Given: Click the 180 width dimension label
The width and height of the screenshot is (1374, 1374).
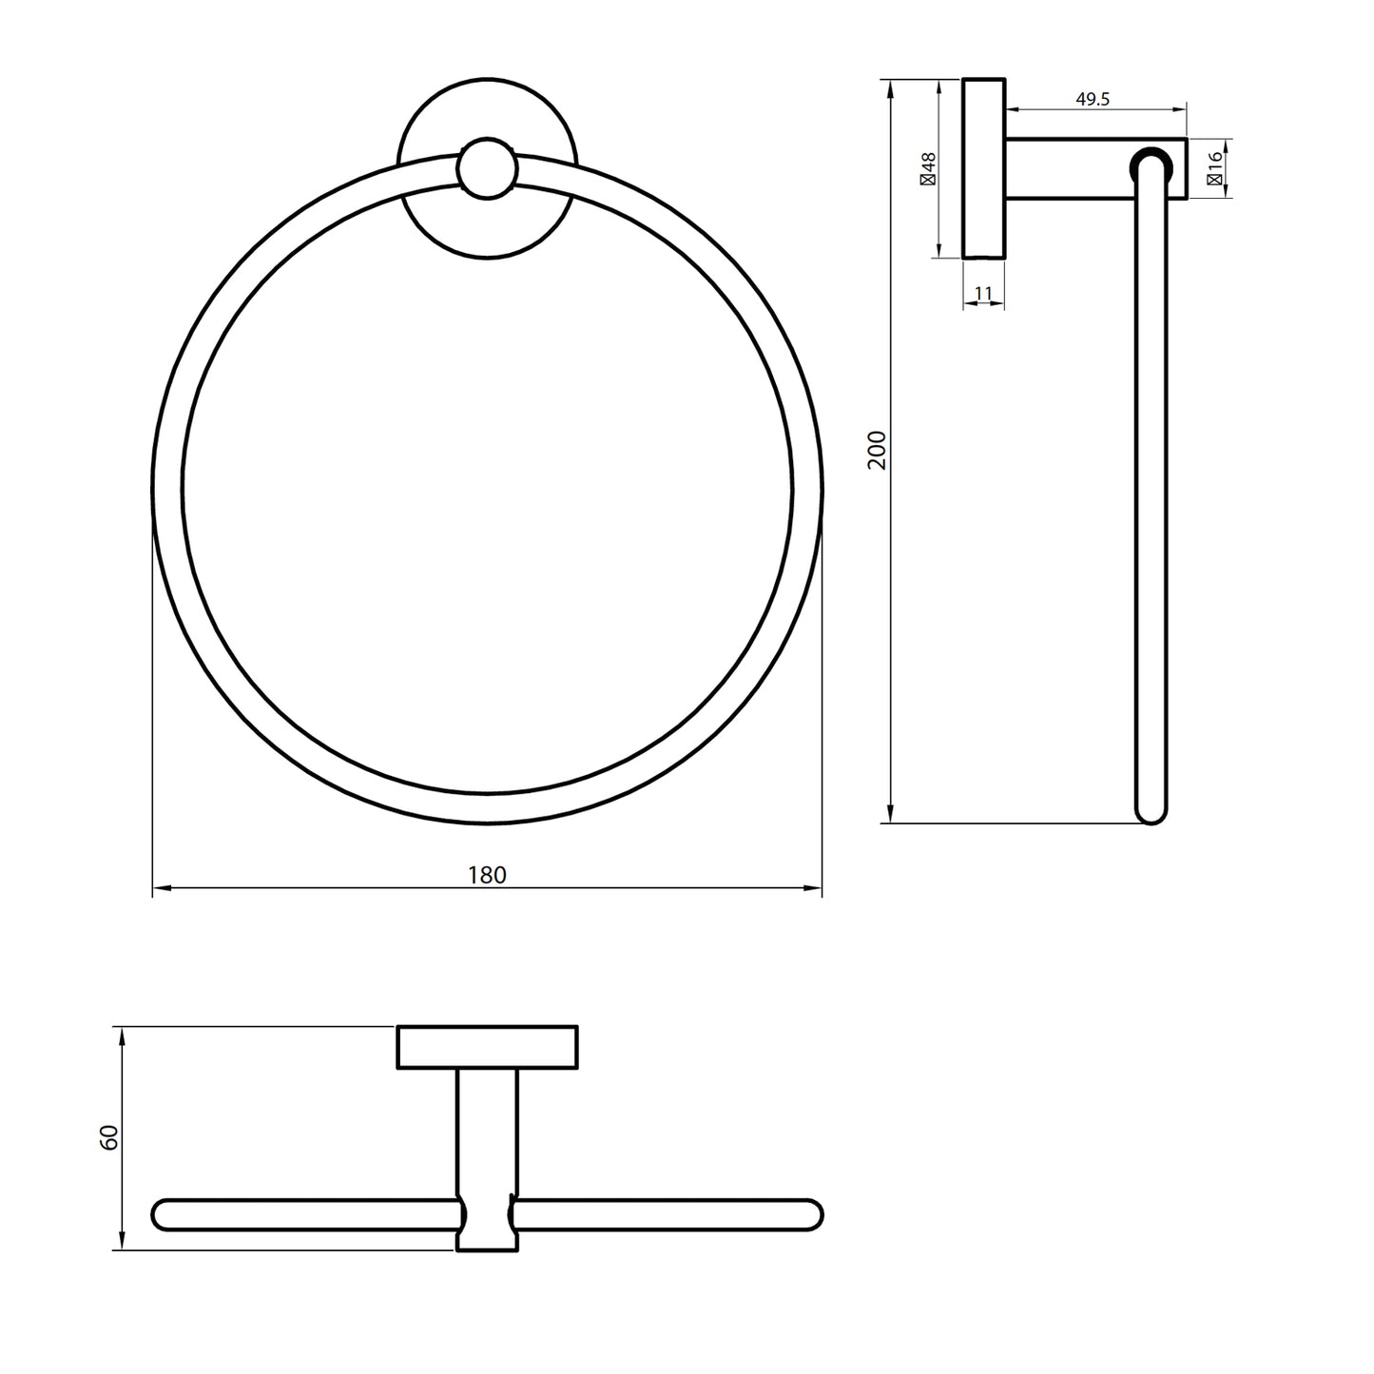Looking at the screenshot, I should tap(487, 875).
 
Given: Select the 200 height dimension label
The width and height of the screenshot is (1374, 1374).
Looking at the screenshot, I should tap(877, 450).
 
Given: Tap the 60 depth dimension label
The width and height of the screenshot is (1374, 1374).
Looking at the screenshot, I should tap(109, 1137).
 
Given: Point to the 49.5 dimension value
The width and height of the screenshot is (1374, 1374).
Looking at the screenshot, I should tap(1093, 99).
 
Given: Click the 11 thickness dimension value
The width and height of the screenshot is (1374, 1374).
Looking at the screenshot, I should tap(984, 294).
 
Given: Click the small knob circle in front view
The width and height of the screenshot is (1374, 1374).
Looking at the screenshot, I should tap(487, 168).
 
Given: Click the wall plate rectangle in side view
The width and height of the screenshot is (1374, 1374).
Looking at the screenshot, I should tap(984, 167).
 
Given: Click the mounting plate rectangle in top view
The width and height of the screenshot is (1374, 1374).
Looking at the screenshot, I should tap(487, 1047).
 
